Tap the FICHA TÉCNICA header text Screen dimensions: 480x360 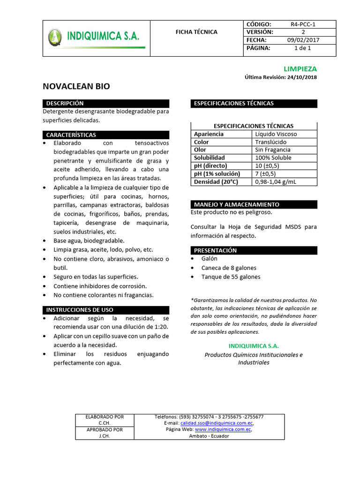tap(196, 32)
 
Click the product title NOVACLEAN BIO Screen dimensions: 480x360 tap(76, 86)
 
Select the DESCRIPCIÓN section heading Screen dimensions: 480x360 tap(65, 103)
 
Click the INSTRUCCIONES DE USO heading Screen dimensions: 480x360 tap(80, 310)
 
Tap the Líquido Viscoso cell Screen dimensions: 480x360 tap(276, 134)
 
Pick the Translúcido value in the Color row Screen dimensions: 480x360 tap(270, 142)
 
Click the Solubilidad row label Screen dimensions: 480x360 tap(210, 158)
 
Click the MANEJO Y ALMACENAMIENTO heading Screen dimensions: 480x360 tap(237, 204)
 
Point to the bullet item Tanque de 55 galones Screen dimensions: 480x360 tap(231, 277)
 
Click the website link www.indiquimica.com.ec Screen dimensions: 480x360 tap(223, 429)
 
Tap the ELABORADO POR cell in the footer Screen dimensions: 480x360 tap(105, 417)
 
